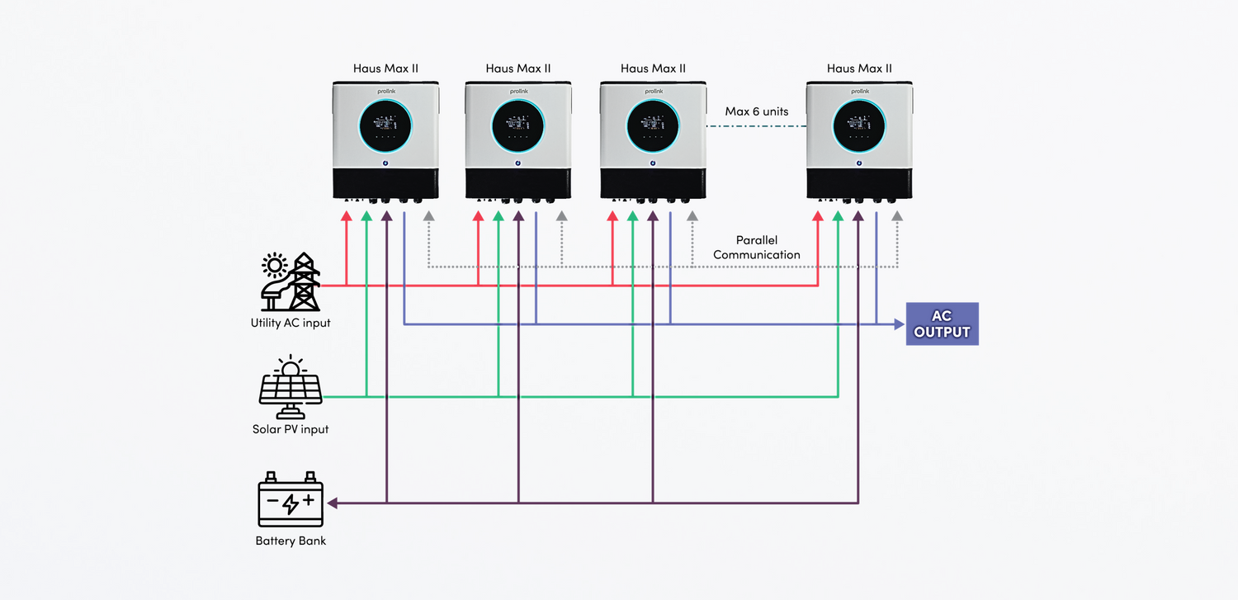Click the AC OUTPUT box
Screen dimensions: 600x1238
pyautogui.click(x=942, y=324)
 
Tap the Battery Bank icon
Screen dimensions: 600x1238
pyautogui.click(x=291, y=499)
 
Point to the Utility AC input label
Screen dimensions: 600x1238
pyautogui.click(x=291, y=323)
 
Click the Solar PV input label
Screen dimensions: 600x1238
pyautogui.click(x=291, y=429)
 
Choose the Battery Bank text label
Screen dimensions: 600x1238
pyautogui.click(x=291, y=541)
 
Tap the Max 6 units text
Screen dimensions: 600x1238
pyautogui.click(x=757, y=111)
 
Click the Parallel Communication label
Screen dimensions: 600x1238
pyautogui.click(x=757, y=248)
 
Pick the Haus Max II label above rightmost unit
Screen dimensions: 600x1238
pyautogui.click(x=859, y=69)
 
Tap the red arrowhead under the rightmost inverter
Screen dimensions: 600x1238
pyautogui.click(x=818, y=216)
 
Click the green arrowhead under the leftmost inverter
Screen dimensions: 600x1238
pyautogui.click(x=366, y=216)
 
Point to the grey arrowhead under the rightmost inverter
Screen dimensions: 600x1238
pyautogui.click(x=897, y=216)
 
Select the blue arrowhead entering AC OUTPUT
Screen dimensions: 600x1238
pyautogui.click(x=900, y=324)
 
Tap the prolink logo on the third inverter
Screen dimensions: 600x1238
pyautogui.click(x=653, y=92)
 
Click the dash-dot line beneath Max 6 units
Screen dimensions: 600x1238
pyautogui.click(x=757, y=126)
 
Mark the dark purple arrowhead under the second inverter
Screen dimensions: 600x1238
pyautogui.click(x=518, y=216)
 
